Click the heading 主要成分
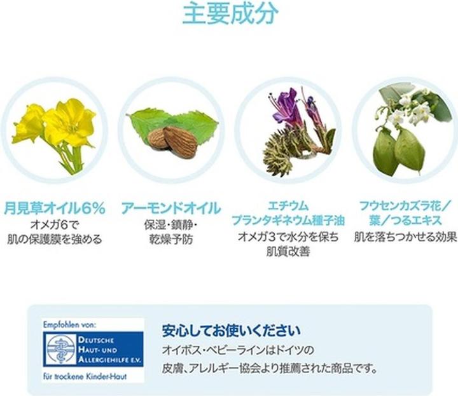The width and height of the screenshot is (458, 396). pos(230,15)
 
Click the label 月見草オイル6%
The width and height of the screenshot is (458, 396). pos(54,208)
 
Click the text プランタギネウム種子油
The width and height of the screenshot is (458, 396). pos(288,221)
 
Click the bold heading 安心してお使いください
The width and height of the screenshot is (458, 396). pos(231,331)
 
